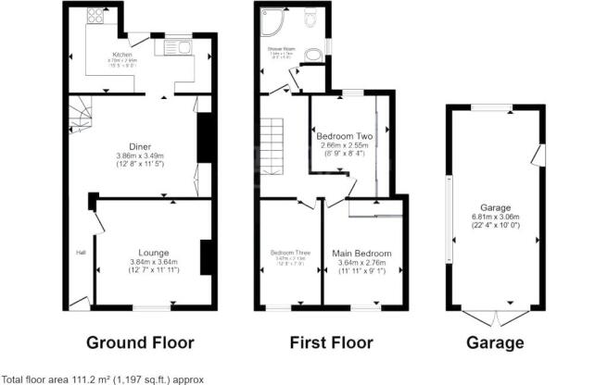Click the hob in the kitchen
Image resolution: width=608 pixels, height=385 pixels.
pyautogui.click(x=95, y=17)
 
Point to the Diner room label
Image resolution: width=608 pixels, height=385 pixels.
pyautogui.click(x=141, y=146)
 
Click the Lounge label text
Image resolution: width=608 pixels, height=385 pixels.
pyautogui.click(x=153, y=252)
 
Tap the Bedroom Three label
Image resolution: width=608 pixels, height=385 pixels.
pyautogui.click(x=289, y=252)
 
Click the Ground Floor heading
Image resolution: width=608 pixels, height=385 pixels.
pyautogui.click(x=140, y=342)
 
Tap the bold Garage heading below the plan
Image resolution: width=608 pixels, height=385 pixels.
pyautogui.click(x=492, y=342)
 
